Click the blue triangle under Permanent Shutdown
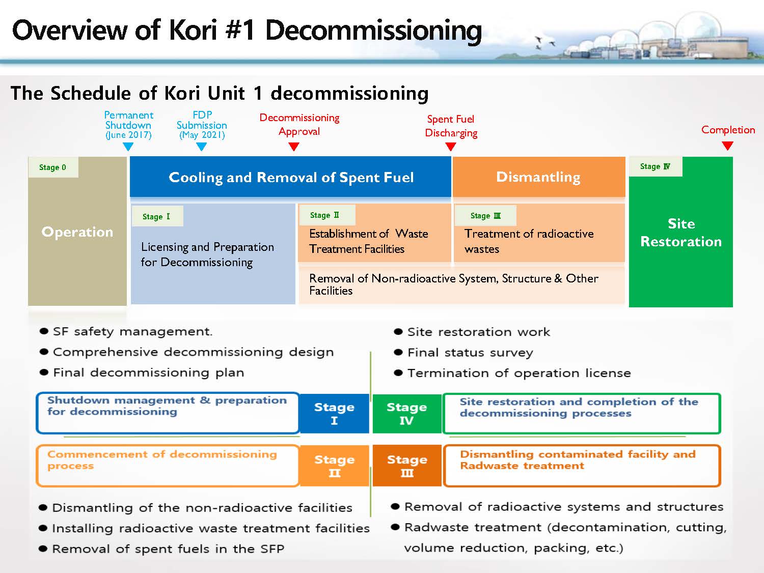pos(128,147)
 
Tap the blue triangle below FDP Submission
pos(201,147)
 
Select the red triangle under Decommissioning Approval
pos(294,147)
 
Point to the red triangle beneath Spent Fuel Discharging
pos(451,147)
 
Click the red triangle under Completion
pos(728,146)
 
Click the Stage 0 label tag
pos(52,167)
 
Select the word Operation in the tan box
pos(77,232)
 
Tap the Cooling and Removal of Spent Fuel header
pos(291,177)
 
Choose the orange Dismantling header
pos(538,177)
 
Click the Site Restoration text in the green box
pos(681,233)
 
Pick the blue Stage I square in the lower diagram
pos(334,413)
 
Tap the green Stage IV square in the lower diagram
pos(406,413)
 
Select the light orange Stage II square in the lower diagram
pos(334,466)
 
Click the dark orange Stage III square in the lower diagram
pos(407,466)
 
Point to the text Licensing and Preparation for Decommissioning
pos(207,254)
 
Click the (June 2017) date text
pos(128,135)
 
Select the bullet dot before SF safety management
pos(44,332)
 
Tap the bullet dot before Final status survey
pos(398,353)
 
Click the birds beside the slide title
pos(543,42)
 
